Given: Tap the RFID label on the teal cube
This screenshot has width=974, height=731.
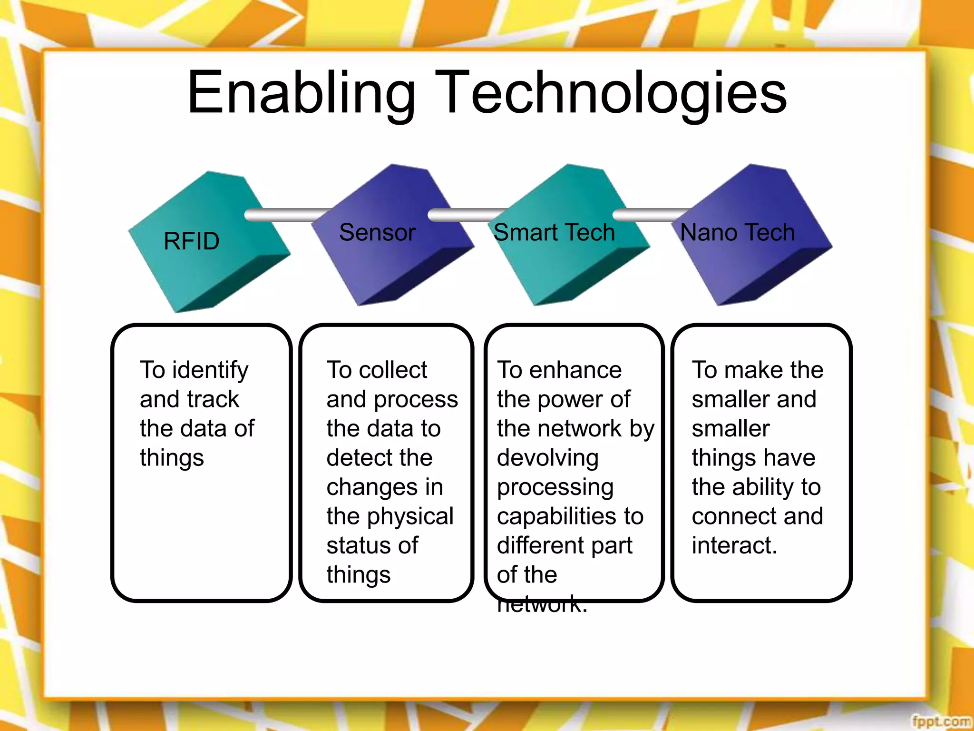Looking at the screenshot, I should [191, 241].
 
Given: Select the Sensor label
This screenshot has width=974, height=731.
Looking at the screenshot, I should [377, 233].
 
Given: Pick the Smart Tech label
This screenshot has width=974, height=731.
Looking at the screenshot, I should [554, 233].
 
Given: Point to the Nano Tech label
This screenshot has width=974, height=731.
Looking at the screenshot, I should [737, 233].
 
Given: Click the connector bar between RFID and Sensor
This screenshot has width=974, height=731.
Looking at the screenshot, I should [285, 215].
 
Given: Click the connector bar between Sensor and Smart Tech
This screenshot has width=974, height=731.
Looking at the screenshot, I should [464, 215].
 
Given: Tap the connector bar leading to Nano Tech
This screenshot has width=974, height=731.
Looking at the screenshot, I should [649, 215].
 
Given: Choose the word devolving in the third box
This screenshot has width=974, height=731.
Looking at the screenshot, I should [548, 458].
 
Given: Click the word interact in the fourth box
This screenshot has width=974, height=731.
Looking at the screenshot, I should [734, 545].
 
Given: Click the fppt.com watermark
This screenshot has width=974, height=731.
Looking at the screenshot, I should [941, 721].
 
